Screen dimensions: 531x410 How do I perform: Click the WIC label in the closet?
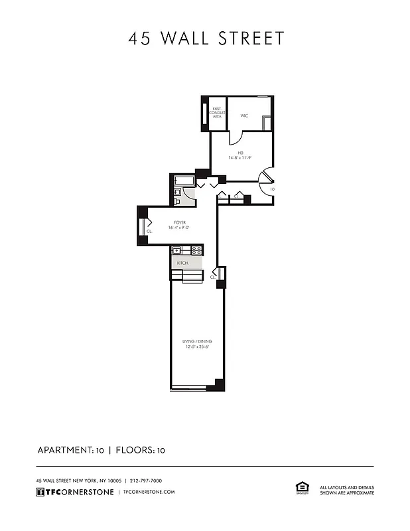(244, 115)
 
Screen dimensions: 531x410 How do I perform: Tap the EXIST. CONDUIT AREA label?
(217, 112)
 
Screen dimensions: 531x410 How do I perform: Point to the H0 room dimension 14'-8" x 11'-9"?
(240, 157)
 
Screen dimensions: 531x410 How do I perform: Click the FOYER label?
(180, 222)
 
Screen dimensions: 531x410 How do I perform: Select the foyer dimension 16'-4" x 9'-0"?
(180, 228)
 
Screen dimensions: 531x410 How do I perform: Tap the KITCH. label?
(182, 263)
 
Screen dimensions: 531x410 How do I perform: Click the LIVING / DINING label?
(196, 342)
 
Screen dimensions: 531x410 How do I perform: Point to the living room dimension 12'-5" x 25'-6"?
(196, 347)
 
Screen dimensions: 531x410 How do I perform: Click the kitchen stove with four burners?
(196, 250)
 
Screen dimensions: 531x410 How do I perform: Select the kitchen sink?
(177, 250)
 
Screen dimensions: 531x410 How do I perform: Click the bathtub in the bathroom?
(183, 181)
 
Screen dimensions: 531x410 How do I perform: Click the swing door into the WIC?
(236, 137)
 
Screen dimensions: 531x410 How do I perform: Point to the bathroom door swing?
(190, 193)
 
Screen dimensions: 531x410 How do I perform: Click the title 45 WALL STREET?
(206, 38)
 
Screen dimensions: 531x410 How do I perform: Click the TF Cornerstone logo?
(74, 492)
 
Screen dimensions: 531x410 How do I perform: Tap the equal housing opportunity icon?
(300, 489)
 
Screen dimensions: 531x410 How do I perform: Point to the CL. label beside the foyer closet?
(149, 232)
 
